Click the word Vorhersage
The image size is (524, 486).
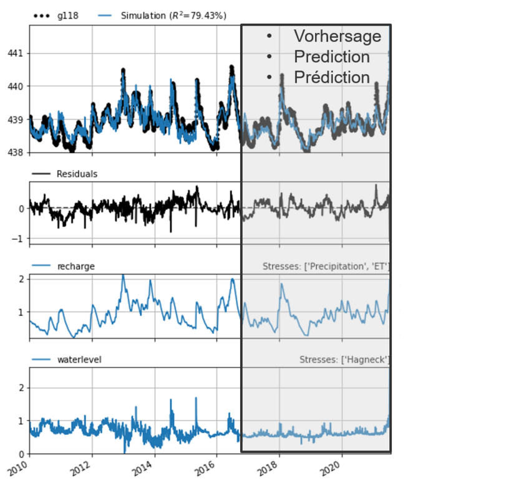click(337, 36)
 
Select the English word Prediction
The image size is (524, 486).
click(332, 57)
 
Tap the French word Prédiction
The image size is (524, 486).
click(332, 77)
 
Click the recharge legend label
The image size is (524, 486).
click(75, 266)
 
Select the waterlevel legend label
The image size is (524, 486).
click(79, 359)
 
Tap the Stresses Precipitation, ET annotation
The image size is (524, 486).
click(326, 267)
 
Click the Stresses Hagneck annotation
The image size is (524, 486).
click(344, 360)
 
